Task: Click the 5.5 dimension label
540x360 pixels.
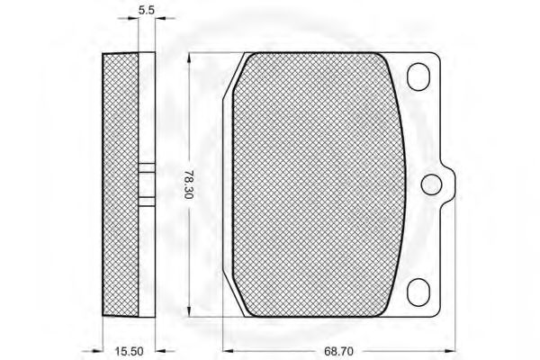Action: click(x=147, y=10)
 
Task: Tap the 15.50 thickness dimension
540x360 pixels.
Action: click(x=129, y=351)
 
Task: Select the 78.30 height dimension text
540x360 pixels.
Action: click(x=188, y=184)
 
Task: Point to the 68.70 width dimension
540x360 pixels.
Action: click(x=338, y=351)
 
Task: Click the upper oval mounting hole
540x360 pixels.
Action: click(x=418, y=76)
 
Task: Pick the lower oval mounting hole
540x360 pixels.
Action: click(x=418, y=292)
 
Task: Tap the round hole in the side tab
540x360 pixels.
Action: click(x=431, y=184)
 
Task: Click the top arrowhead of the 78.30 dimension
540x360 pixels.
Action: click(x=188, y=58)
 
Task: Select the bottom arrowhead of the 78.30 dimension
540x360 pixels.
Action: click(x=188, y=311)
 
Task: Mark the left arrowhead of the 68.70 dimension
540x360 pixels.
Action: click(x=229, y=351)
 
